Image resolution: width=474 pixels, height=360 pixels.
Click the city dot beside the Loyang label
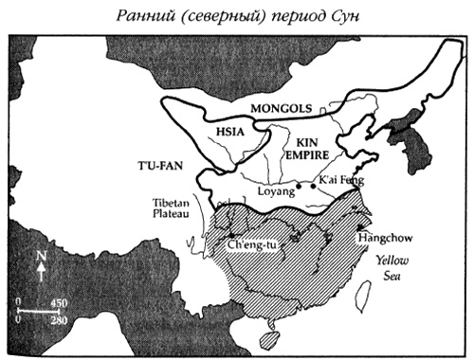pyautogui.click(x=298, y=187)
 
